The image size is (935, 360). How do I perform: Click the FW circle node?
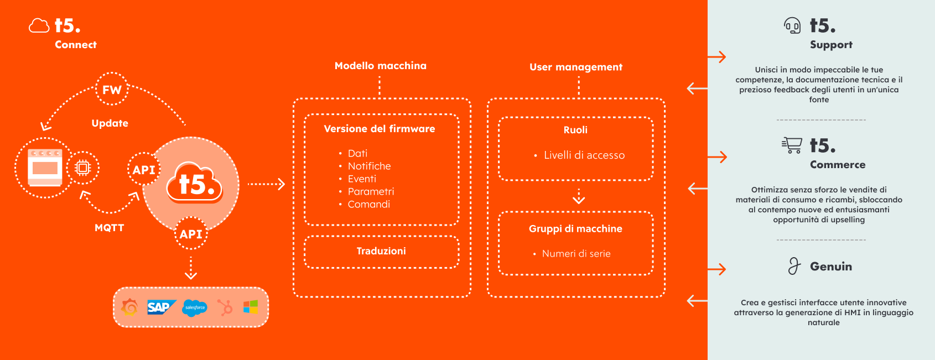pyautogui.click(x=111, y=89)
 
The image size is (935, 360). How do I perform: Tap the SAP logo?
pyautogui.click(x=162, y=308)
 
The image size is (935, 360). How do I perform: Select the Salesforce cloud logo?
pyautogui.click(x=195, y=308)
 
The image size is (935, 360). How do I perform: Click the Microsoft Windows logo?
pyautogui.click(x=251, y=307)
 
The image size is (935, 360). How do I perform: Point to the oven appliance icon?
pyautogui.click(x=45, y=167)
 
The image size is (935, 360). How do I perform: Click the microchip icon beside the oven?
pyautogui.click(x=82, y=168)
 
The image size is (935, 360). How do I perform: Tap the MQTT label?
pyautogui.click(x=110, y=228)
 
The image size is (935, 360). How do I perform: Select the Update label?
pyautogui.click(x=110, y=123)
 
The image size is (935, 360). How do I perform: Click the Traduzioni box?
pyautogui.click(x=382, y=252)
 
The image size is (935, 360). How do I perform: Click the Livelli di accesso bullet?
pyautogui.click(x=580, y=155)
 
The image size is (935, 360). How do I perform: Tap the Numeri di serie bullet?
pyautogui.click(x=572, y=254)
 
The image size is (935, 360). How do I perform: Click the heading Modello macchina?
pyautogui.click(x=381, y=65)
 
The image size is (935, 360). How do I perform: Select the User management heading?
pyautogui.click(x=576, y=67)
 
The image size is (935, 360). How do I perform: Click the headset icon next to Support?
pyautogui.click(x=792, y=25)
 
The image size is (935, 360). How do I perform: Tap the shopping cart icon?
pyautogui.click(x=792, y=145)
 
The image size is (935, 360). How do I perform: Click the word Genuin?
pyautogui.click(x=831, y=267)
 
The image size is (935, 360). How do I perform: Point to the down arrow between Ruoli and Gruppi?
pyautogui.click(x=579, y=196)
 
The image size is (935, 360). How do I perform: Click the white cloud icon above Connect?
pyautogui.click(x=39, y=25)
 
